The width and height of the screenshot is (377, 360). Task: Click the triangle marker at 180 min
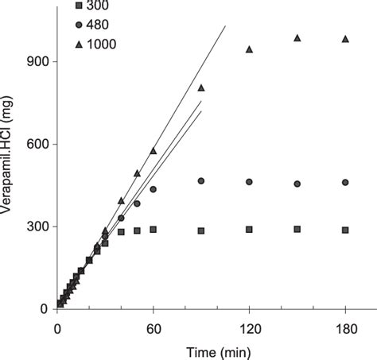345,39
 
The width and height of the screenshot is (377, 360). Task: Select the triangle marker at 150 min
297,37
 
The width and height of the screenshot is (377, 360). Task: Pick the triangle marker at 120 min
250,49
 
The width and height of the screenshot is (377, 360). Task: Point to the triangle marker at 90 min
201,87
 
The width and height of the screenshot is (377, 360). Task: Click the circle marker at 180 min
345,182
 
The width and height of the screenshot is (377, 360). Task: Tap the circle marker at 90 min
201,181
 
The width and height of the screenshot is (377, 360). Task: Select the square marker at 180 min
345,230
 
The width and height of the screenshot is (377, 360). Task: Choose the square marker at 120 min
250,229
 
